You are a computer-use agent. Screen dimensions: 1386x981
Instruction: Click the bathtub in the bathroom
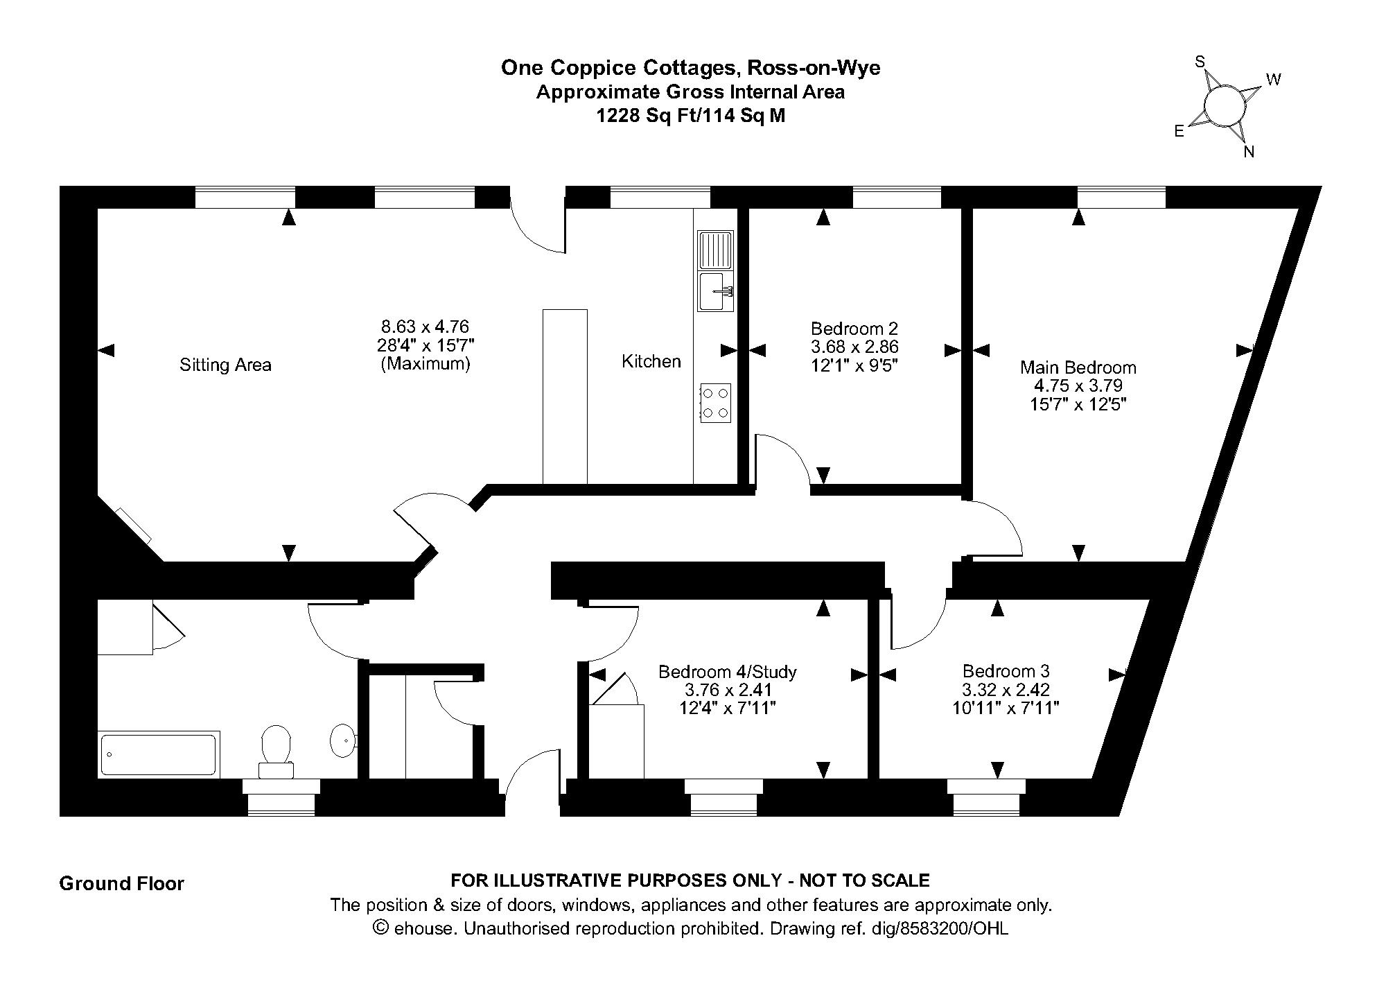[159, 754]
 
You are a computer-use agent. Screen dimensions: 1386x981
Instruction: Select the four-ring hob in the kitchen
[715, 403]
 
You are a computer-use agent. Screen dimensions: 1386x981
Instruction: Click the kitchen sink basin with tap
[715, 292]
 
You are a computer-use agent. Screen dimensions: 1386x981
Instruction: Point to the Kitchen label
[651, 361]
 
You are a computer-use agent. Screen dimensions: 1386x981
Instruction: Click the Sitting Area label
[225, 365]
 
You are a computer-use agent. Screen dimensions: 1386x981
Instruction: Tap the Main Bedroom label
[1078, 367]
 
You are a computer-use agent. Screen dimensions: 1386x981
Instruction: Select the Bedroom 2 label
[854, 328]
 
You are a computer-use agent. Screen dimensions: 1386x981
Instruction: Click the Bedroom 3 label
[1006, 671]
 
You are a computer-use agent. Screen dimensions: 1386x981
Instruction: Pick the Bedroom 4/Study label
[727, 672]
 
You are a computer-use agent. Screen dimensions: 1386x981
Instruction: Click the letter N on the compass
[1249, 152]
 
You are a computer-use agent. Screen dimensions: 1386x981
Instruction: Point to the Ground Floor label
[122, 883]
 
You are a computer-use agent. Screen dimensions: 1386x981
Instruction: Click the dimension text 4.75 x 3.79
[1078, 385]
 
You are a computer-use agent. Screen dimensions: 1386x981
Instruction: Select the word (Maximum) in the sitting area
[426, 363]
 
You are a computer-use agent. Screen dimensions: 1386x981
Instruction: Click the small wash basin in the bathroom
[342, 740]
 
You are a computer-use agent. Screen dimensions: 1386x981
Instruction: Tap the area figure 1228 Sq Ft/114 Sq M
[691, 116]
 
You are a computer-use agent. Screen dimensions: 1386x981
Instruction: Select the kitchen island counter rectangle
[565, 397]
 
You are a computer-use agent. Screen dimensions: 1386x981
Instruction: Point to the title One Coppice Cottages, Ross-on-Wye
[691, 68]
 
